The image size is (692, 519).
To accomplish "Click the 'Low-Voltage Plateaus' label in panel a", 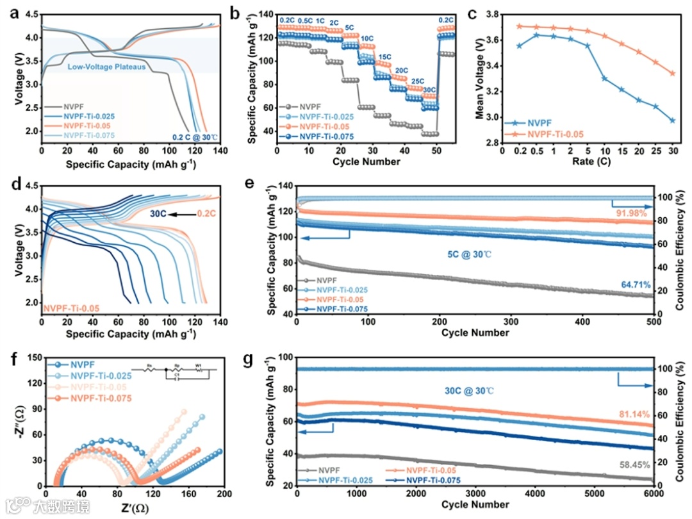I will pos(106,67).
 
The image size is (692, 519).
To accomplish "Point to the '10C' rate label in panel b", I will pos(367,39).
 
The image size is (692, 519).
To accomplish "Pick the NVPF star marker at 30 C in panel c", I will pos(672,120).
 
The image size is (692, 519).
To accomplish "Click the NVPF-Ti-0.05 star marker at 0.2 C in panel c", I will pos(519,26).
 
